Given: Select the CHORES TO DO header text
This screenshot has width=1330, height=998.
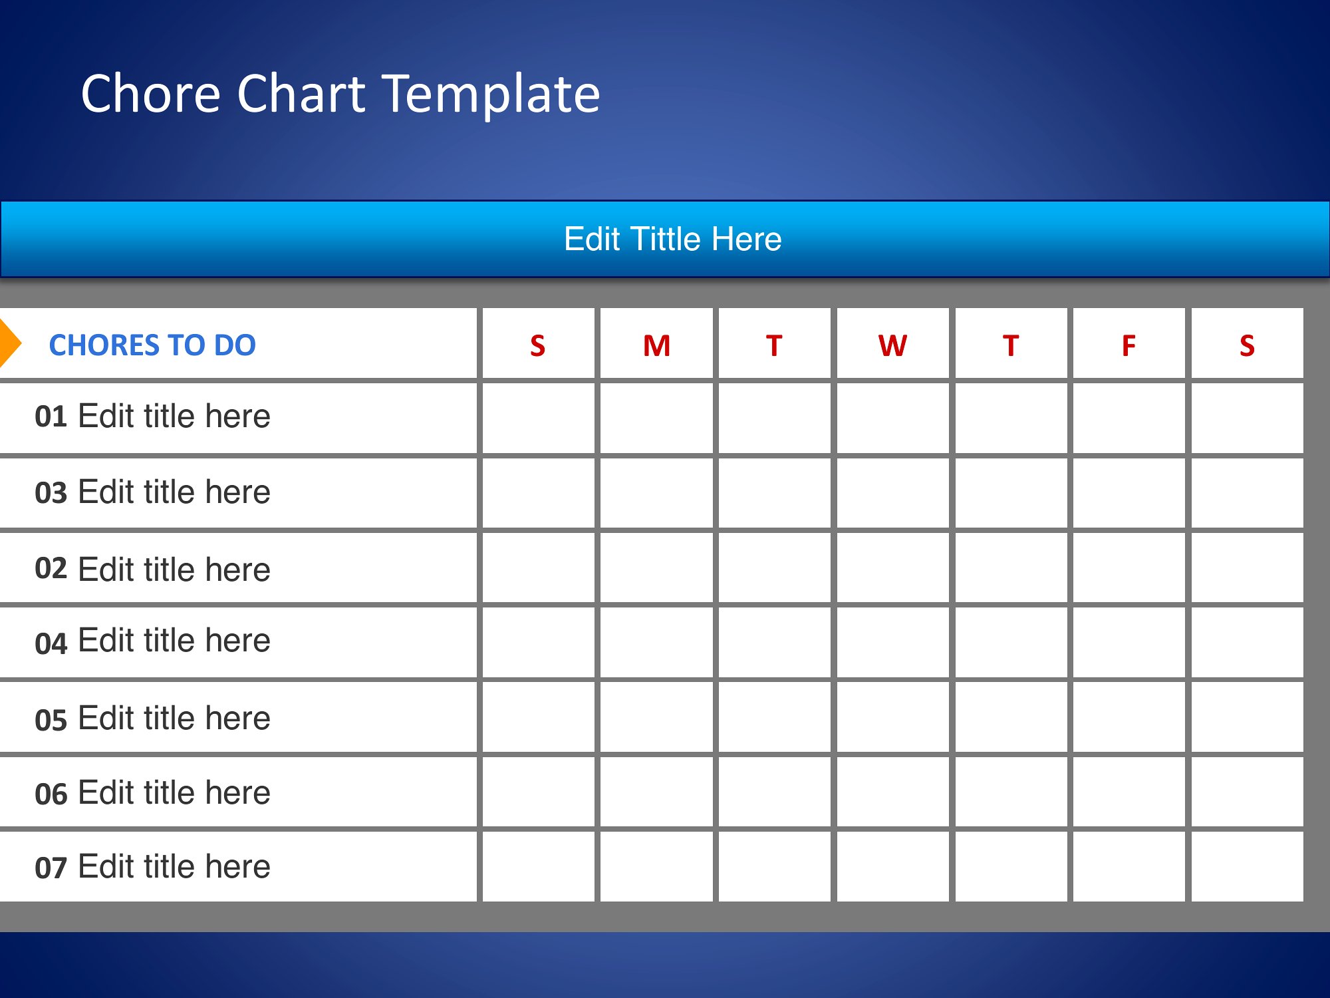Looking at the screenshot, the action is (152, 345).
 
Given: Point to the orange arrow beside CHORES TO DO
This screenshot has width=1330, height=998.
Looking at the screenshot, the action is (9, 343).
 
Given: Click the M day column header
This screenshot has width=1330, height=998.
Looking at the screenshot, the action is (656, 346).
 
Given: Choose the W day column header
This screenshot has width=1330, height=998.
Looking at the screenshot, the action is (892, 346).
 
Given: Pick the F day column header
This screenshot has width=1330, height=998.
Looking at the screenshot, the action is (1129, 346).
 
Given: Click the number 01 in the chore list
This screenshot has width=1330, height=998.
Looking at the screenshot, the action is (51, 417).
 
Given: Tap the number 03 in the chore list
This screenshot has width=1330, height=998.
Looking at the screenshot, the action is (51, 493).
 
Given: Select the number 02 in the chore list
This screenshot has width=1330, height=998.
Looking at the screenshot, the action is (51, 568).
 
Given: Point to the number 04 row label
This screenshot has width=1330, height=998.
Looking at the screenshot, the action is (51, 643).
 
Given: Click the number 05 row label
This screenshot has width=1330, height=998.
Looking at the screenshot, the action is (51, 720).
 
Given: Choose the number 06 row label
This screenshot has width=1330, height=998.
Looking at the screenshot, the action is (51, 794).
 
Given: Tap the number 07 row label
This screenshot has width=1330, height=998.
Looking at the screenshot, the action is (51, 868).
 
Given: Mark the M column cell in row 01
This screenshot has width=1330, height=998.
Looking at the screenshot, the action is (656, 418).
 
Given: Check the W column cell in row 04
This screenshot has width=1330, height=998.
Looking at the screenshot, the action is (892, 643).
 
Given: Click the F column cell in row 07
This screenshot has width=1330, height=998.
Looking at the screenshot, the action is (1129, 866).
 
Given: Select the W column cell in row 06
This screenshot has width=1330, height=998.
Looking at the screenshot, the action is (892, 792).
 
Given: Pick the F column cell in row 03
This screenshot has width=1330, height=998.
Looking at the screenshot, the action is (1129, 493).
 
